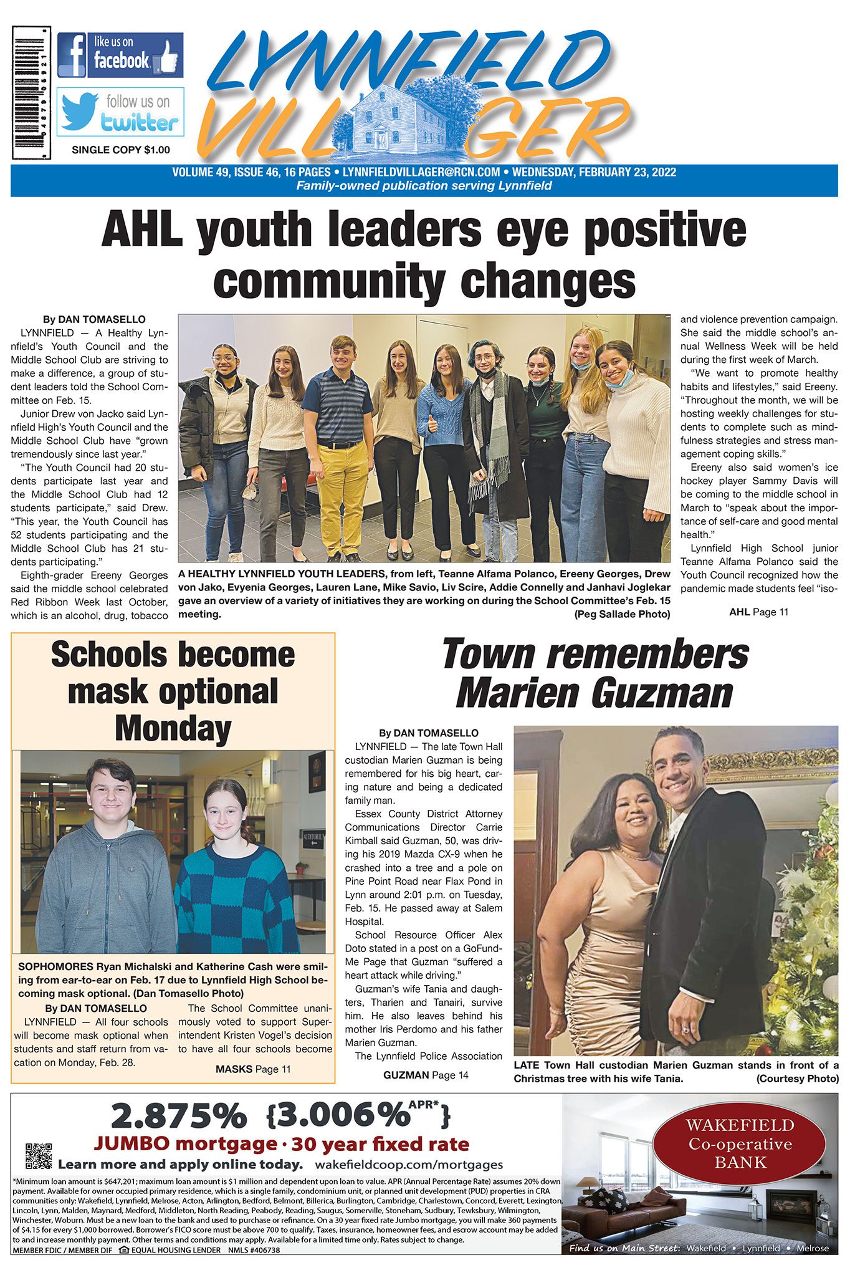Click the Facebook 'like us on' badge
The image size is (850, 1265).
coord(120,55)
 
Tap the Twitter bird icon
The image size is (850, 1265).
coord(79,112)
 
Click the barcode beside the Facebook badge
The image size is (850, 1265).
coord(31,92)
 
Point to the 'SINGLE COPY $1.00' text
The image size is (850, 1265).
coord(121,150)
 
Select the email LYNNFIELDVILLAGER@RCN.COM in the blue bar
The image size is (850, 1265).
coord(421,172)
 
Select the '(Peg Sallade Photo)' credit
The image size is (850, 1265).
coord(622,614)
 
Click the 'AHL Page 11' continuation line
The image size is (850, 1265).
coord(758,612)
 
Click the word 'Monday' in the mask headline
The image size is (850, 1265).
coord(173,728)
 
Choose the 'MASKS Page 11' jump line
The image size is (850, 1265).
coord(253,1069)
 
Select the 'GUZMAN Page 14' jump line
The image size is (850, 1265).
coord(426,1075)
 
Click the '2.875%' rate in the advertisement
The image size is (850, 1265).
coord(178,1117)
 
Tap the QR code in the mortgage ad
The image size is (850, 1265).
coord(39,1155)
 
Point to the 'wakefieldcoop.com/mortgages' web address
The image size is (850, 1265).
coord(409,1164)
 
